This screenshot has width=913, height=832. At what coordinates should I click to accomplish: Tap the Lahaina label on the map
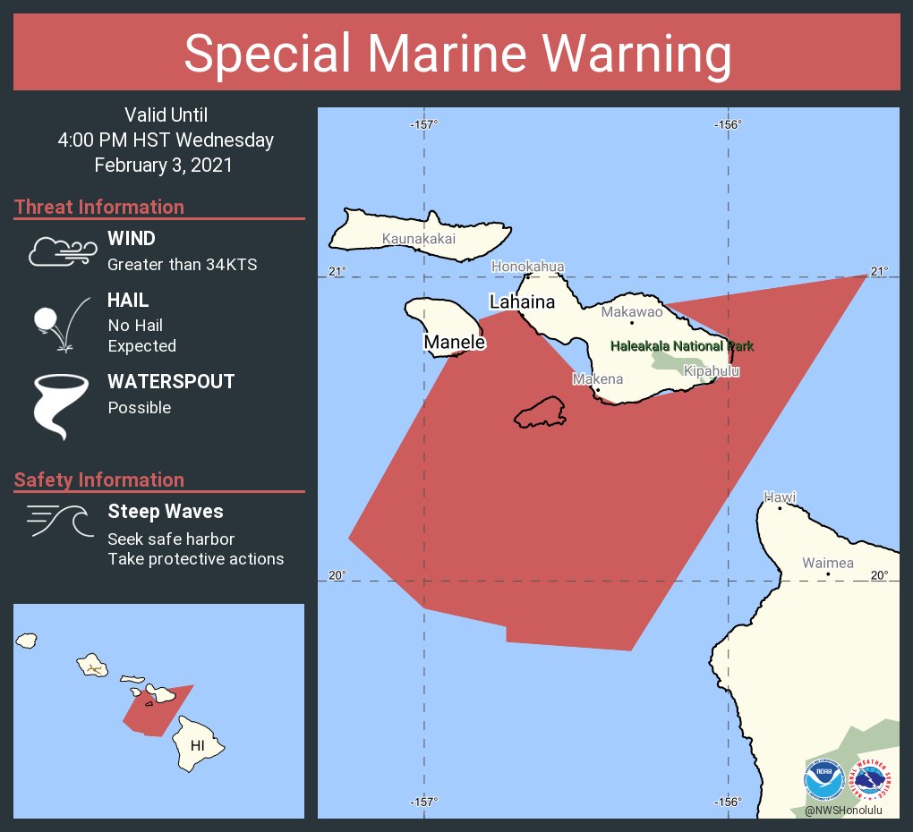522,301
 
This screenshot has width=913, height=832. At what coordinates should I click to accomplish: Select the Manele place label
455,343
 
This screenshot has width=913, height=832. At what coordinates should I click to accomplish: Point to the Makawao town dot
632,322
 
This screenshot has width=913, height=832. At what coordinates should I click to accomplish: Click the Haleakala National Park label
682,346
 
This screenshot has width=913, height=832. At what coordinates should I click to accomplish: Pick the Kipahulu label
712,370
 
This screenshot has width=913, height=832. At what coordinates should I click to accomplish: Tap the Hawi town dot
780,508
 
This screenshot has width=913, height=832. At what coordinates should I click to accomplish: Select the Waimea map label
827,563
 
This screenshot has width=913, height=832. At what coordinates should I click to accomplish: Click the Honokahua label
528,267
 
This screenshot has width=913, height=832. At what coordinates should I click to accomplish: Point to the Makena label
597,379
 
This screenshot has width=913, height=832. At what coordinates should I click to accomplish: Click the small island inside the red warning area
540,412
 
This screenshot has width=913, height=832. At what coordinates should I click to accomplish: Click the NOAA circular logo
823,780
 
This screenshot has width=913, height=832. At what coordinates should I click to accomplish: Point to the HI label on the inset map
198,745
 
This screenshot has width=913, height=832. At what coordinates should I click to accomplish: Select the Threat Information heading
99,208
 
